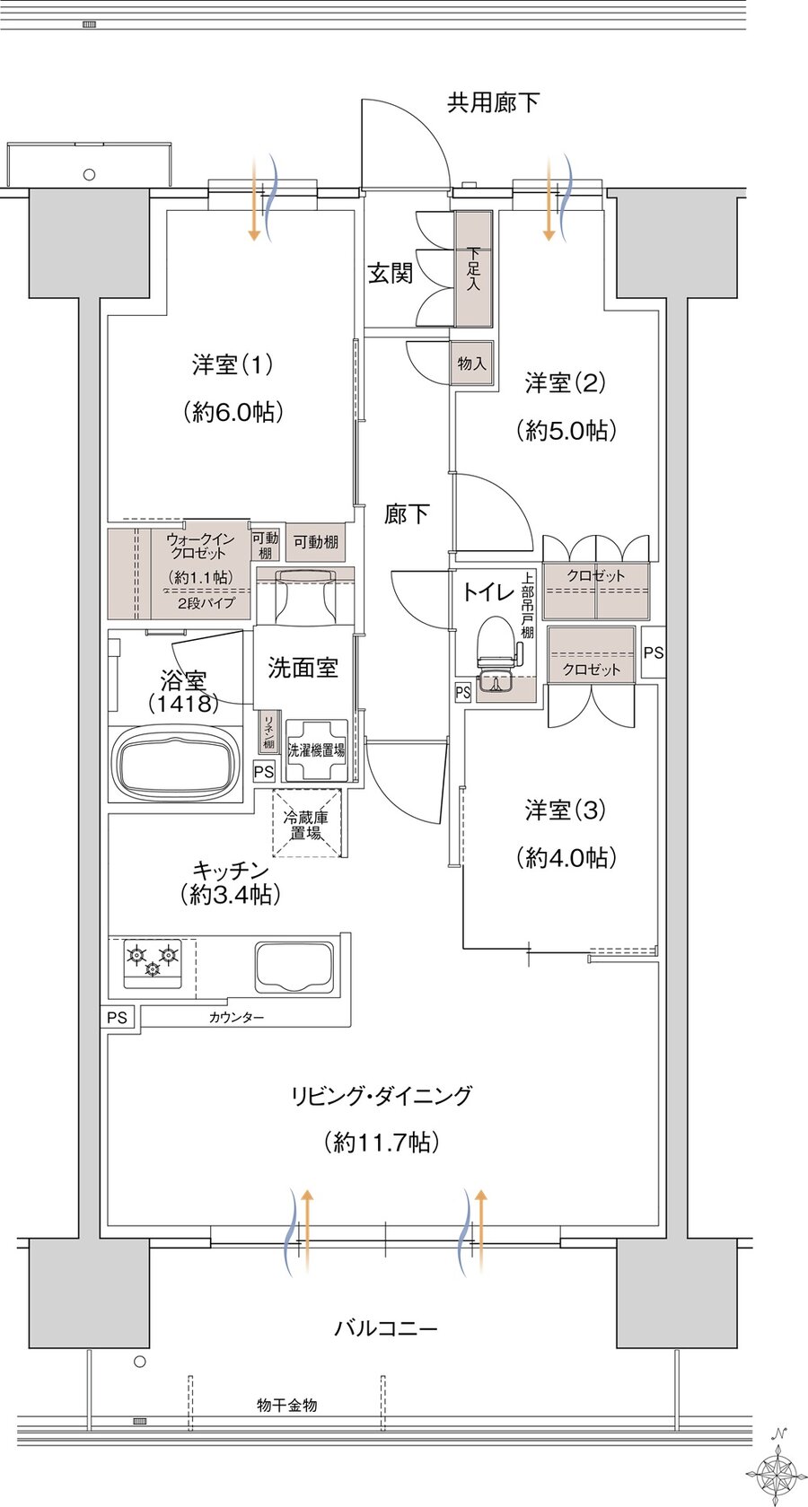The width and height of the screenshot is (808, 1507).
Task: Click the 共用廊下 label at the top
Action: pos(493,103)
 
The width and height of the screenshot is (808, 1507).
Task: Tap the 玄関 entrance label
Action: pos(390,274)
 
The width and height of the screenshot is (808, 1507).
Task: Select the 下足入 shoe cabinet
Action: pos(473,268)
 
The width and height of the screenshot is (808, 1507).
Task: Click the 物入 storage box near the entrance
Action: pos(471,364)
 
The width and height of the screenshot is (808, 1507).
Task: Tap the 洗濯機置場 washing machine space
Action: pos(316,750)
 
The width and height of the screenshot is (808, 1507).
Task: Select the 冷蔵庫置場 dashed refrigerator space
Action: pos(307,824)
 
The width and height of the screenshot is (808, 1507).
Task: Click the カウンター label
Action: pos(236,1017)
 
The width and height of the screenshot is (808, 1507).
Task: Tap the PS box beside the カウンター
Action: pos(117,1017)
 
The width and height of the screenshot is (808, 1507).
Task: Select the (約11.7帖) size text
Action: pos(381,1142)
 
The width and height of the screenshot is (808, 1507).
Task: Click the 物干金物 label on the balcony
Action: pos(286,1405)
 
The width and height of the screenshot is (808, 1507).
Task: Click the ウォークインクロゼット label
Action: pos(199,546)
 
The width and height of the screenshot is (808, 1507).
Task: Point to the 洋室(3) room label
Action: pos(565,810)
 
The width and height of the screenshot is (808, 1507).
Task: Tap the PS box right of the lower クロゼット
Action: pos(654,653)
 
